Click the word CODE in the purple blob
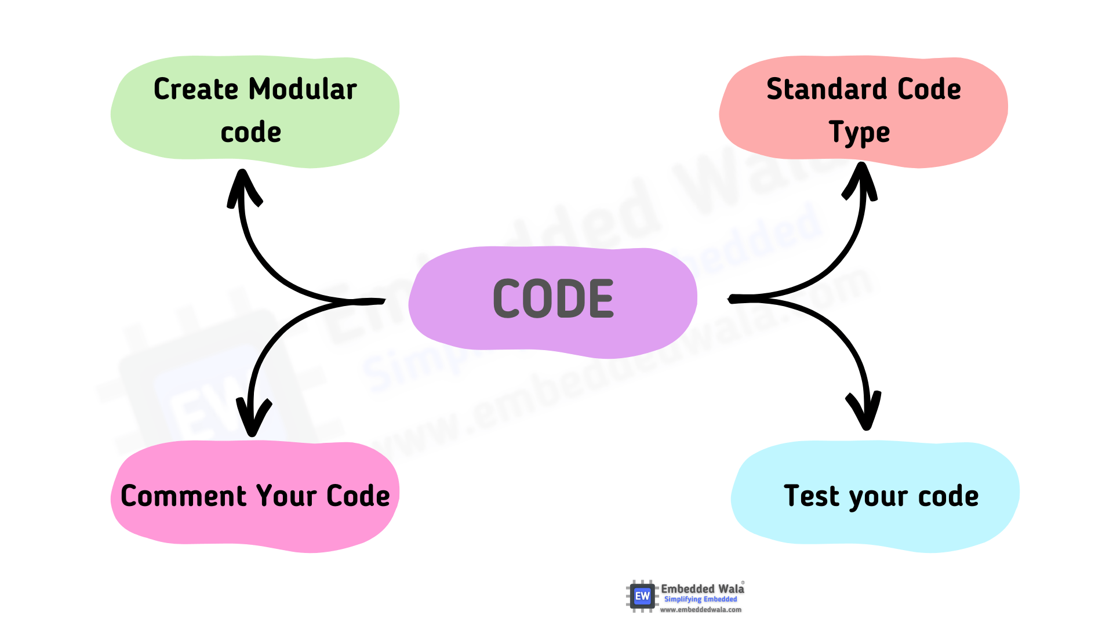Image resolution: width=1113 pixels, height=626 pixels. click(553, 299)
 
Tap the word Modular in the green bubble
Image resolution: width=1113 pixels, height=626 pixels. click(303, 89)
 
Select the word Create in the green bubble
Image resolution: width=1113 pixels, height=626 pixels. click(196, 89)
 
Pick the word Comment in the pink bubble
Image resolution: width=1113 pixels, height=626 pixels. click(184, 496)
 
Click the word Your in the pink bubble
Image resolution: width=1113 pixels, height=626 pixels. click(286, 496)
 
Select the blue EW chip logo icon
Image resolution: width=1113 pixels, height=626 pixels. click(642, 596)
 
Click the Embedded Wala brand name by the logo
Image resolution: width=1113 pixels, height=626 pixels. click(702, 589)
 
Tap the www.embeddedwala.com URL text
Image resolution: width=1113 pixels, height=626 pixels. click(700, 610)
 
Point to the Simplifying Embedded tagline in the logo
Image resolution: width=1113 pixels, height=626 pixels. click(700, 599)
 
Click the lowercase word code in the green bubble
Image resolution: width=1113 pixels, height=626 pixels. click(251, 133)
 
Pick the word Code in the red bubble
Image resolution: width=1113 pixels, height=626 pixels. click(929, 89)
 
